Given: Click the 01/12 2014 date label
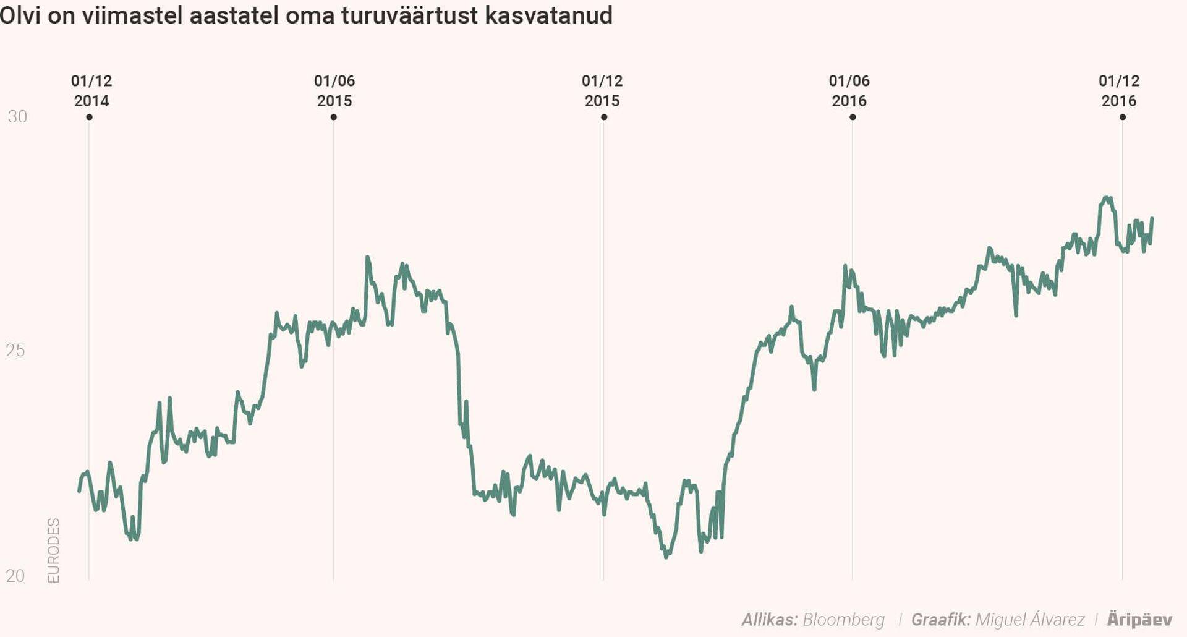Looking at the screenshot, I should (91, 90).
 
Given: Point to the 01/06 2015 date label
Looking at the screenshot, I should (334, 90).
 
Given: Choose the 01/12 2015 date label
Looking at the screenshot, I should (602, 90).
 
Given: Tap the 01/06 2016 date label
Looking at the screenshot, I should (849, 90).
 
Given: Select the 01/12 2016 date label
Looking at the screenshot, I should (1119, 90).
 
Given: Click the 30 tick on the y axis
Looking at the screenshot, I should (17, 116).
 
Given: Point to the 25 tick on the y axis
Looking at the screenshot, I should (15, 351).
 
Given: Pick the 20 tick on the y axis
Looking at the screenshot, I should (15, 576).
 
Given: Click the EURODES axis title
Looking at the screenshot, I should (54, 550).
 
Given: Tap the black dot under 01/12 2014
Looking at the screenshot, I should (90, 117).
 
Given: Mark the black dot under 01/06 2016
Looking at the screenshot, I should (853, 117).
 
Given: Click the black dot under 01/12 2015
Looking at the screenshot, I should (604, 117).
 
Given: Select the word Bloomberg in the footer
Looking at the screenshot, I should (843, 620).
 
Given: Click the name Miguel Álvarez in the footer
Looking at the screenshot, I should (1029, 620).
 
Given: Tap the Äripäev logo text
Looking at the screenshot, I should (1139, 620).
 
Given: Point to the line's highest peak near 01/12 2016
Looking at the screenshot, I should (1107, 199).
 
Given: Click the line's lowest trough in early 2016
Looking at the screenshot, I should (666, 557).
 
